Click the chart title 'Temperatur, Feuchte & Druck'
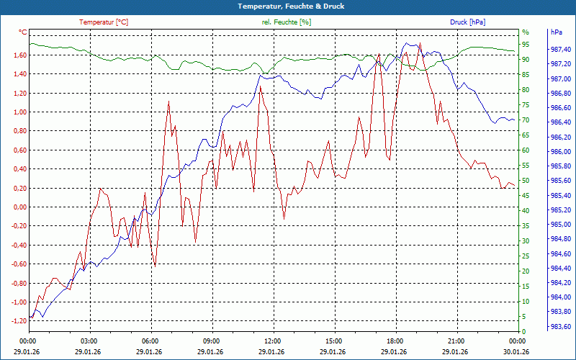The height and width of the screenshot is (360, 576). tap(288, 6)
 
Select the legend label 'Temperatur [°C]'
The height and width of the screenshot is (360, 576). tap(104, 22)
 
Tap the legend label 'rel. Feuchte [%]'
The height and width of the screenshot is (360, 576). tap(287, 22)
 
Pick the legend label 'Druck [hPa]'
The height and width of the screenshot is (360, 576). tap(468, 22)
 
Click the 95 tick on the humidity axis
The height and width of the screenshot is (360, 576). tap(526, 44)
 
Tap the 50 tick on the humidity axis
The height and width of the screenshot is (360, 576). tap(526, 181)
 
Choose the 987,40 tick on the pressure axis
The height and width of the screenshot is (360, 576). tap(561, 49)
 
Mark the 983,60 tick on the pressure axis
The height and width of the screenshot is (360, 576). tap(561, 326)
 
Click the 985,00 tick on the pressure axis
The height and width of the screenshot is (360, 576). tap(561, 225)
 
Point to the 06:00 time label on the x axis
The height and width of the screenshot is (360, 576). tap(150, 341)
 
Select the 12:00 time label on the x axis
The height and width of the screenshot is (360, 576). tap(273, 341)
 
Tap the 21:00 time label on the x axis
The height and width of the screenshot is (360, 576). tap(456, 341)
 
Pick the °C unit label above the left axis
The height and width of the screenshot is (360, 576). tap(23, 32)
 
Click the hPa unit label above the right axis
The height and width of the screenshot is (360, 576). tap(557, 32)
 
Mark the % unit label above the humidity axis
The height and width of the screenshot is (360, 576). tap(526, 32)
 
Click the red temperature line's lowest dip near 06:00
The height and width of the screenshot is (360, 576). tap(155, 266)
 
